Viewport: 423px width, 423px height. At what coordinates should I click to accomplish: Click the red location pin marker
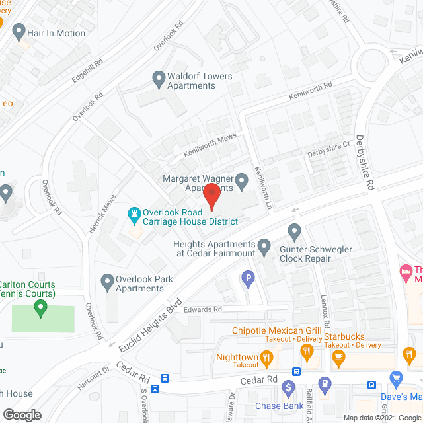211,196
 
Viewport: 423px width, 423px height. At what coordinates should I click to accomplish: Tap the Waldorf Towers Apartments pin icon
159,81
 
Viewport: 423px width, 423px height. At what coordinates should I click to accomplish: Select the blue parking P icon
249,280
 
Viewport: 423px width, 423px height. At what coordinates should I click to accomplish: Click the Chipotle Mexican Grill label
276,330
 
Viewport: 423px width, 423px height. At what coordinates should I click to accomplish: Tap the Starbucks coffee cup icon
339,359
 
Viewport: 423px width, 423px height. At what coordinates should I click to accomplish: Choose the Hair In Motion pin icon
19,32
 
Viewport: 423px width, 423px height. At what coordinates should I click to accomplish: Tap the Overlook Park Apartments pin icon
106,283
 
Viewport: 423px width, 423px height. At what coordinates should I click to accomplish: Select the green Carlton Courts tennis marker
40,307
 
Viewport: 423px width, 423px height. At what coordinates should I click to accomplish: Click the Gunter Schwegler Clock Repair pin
294,231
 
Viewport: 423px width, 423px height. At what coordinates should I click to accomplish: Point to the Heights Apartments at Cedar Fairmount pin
264,249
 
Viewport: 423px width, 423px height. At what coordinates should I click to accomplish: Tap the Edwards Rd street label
203,309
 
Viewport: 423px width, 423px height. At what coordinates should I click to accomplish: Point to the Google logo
21,414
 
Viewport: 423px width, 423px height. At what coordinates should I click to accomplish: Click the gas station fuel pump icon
324,384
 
